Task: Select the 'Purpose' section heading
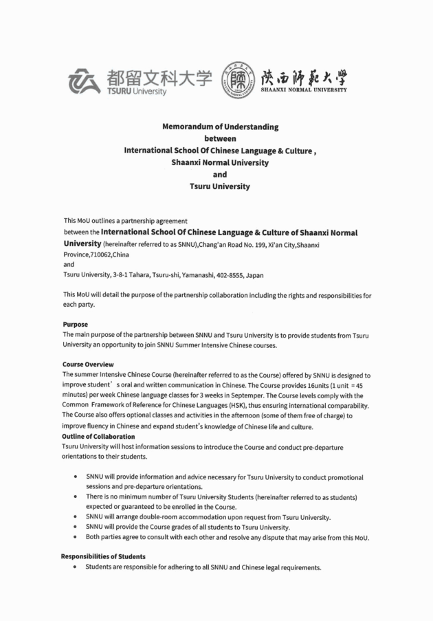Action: click(76, 324)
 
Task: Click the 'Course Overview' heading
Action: click(88, 364)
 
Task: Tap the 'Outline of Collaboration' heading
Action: click(98, 436)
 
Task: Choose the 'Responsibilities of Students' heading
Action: click(103, 556)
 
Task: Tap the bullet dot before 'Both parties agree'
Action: click(74, 537)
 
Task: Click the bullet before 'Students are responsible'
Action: click(74, 567)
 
